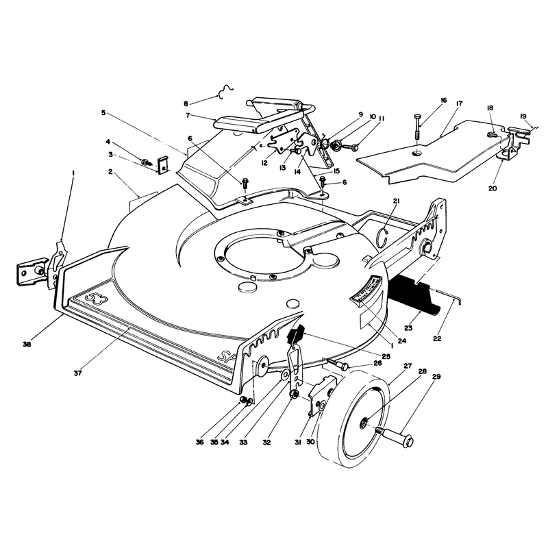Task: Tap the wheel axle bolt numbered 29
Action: pos(395,436)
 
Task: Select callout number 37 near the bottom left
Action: pos(77,373)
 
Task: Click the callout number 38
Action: pos(27,344)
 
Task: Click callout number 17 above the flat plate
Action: pos(459,103)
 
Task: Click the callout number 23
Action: pos(408,328)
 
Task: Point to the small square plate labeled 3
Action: pos(163,165)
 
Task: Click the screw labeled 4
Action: pos(146,162)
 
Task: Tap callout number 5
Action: pos(103,113)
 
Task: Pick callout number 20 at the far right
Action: pos(493,188)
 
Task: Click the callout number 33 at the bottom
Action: pos(243,442)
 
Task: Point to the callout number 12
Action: pos(264,163)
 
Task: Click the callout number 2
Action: pos(110,172)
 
